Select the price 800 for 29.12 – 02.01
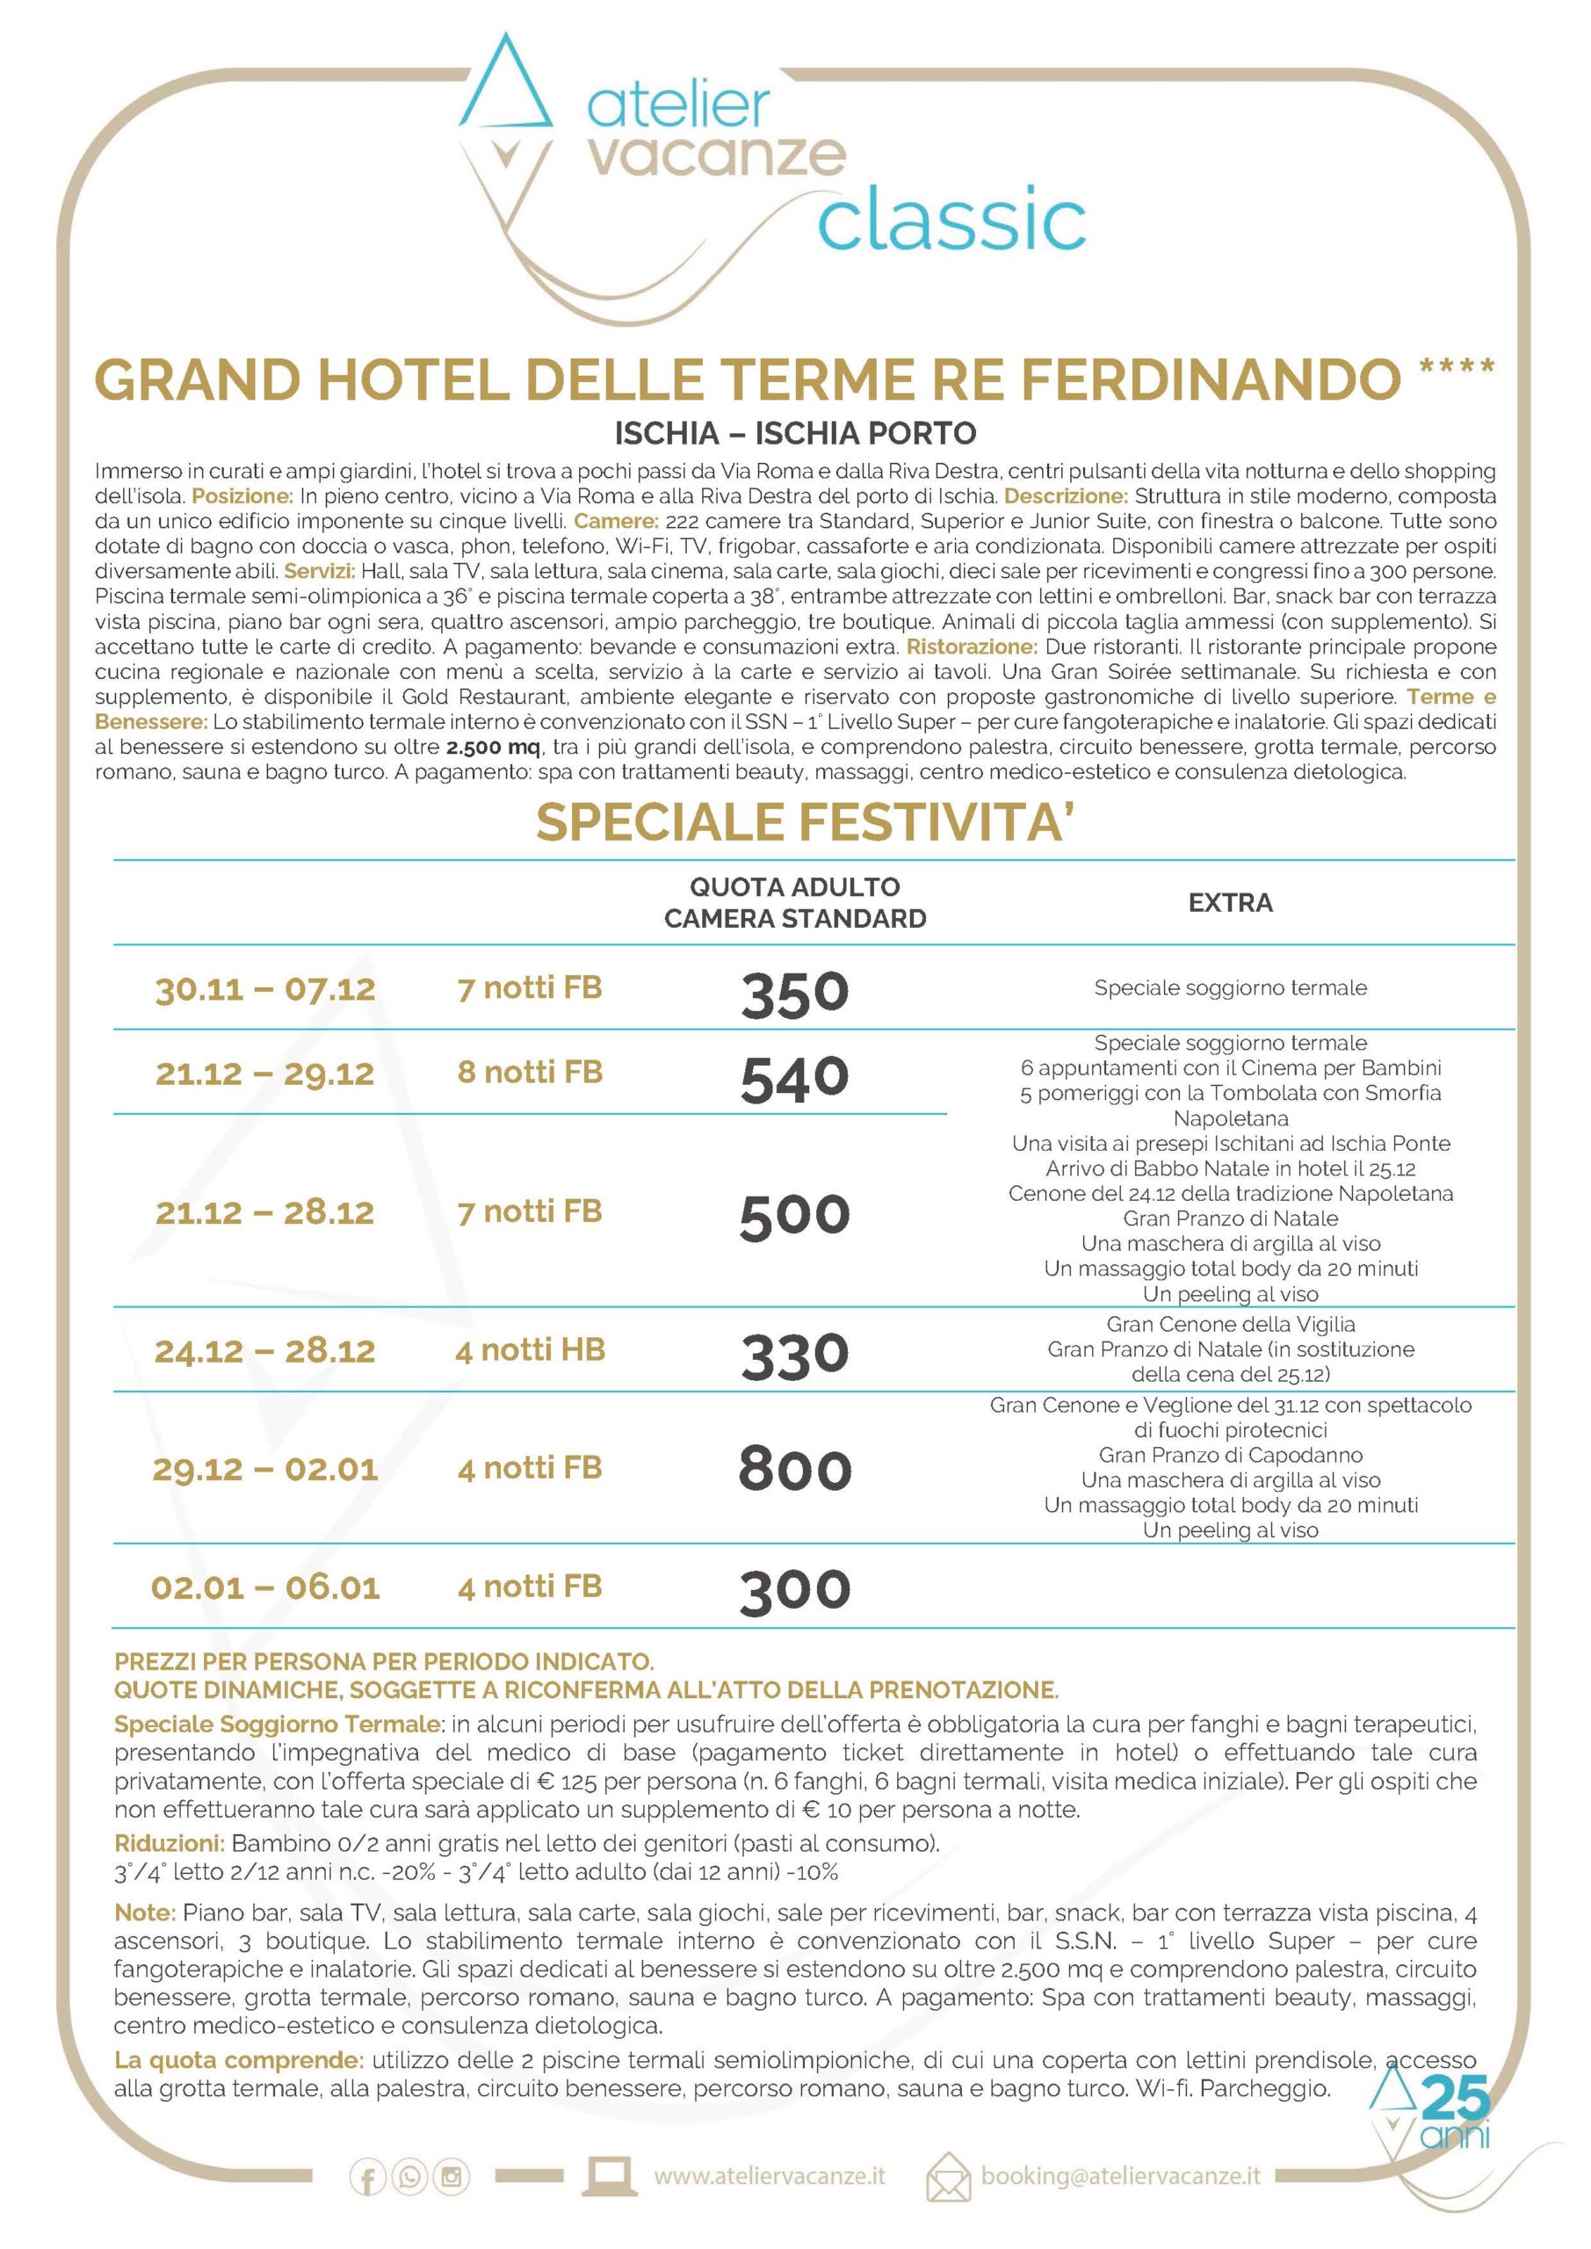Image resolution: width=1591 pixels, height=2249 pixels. [x=794, y=1469]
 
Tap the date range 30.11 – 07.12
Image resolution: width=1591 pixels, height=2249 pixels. [x=264, y=988]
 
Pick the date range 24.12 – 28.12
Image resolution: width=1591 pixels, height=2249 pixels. [x=264, y=1351]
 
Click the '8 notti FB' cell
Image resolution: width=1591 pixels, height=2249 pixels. [x=529, y=1072]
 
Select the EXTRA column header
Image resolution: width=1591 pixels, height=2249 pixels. [x=1230, y=902]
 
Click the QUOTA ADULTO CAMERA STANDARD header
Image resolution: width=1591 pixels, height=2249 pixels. [x=794, y=902]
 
